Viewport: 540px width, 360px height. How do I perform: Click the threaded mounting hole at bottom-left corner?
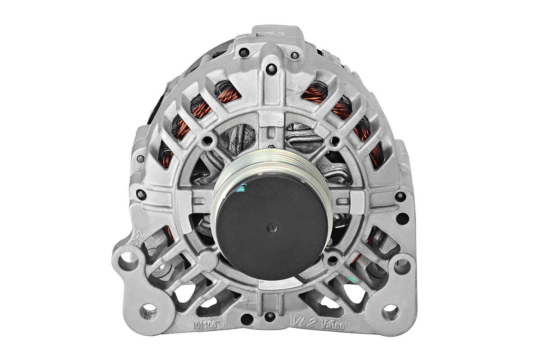pyautogui.click(x=148, y=311)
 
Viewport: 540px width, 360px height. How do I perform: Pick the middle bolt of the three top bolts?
pyautogui.click(x=271, y=69)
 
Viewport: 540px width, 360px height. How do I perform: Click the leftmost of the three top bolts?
pyautogui.click(x=244, y=53)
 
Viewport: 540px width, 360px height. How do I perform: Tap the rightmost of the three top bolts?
pyautogui.click(x=294, y=56)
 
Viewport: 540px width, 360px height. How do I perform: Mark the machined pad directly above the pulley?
pyautogui.click(x=271, y=119)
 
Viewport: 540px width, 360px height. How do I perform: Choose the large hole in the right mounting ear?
pyautogui.click(x=402, y=266)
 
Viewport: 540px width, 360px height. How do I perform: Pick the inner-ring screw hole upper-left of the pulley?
pyautogui.click(x=207, y=140)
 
